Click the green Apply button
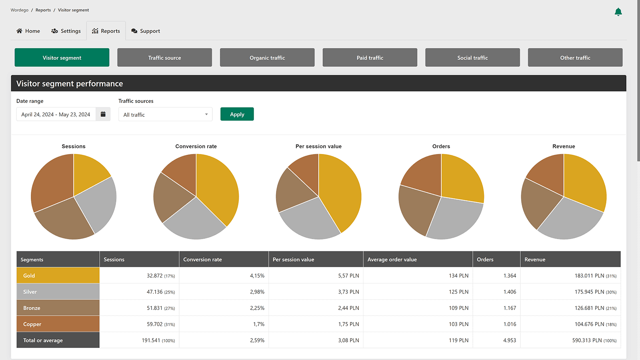237,114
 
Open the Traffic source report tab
164,58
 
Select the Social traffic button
472,58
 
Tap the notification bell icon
618,12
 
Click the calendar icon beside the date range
103,114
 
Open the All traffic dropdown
165,114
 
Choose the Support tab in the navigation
146,31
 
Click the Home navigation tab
28,31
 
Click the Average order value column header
392,260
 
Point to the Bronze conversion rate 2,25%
257,308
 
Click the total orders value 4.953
510,340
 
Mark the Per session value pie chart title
318,146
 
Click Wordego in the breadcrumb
20,10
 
